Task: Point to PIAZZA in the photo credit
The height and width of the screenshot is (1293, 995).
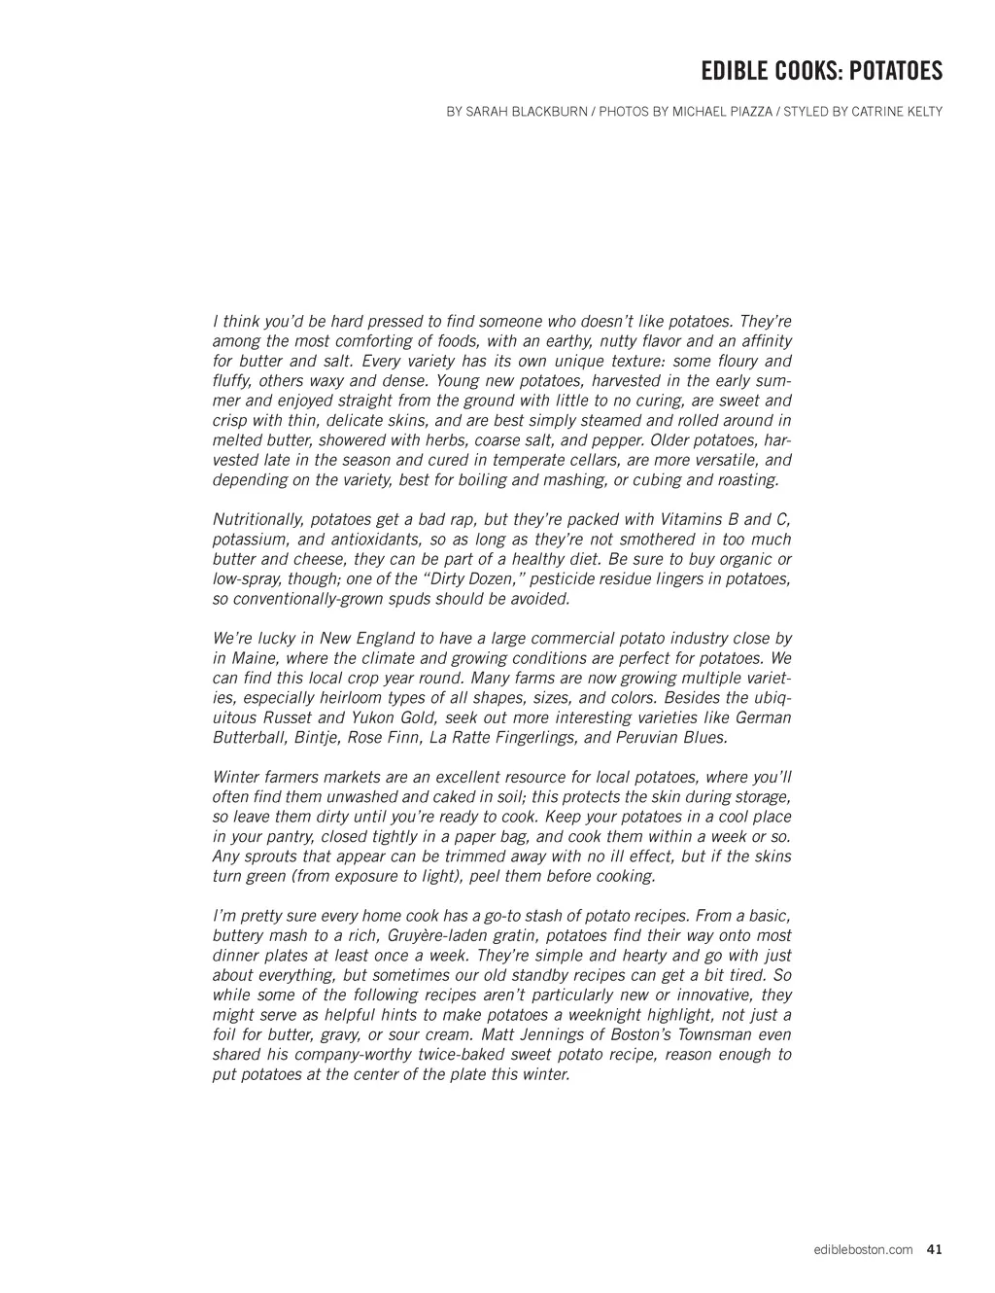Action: pos(746,112)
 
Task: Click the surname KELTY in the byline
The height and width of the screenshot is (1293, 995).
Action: pos(921,112)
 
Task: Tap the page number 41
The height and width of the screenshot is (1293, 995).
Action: pos(935,1249)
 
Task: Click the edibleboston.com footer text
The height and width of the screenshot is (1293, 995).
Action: pos(863,1249)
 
